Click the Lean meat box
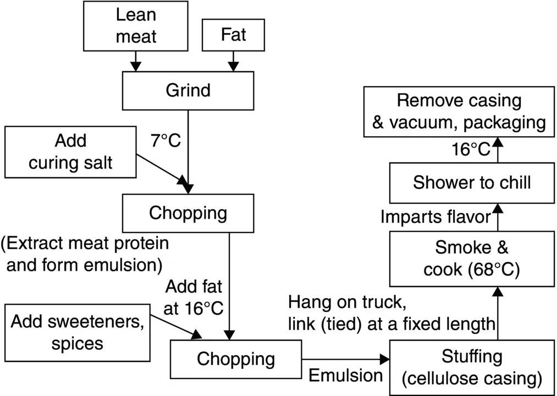(x=135, y=26)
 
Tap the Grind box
(x=188, y=90)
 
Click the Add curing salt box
(x=70, y=152)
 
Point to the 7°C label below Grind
(x=166, y=141)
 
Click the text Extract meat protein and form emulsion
(x=85, y=254)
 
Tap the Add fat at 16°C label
(x=194, y=297)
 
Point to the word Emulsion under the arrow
(x=345, y=375)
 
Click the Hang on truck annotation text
(x=391, y=313)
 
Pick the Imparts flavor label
(x=435, y=217)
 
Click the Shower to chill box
(x=472, y=182)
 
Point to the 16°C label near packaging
(x=472, y=149)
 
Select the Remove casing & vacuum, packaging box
(x=459, y=111)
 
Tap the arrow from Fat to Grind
(x=234, y=61)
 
